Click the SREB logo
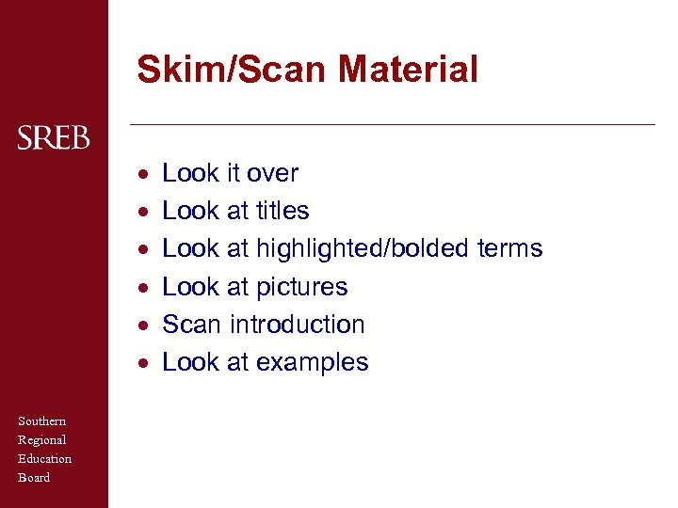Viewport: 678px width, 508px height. [54, 139]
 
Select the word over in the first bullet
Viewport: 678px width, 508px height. [272, 173]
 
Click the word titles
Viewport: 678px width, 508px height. [282, 211]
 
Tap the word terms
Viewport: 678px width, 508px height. [509, 248]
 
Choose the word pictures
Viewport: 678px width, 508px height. [301, 287]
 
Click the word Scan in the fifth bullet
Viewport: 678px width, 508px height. [191, 325]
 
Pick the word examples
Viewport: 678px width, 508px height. [312, 362]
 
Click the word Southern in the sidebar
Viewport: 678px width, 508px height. [41, 421]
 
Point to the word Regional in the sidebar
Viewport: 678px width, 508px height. [41, 440]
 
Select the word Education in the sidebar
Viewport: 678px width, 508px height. [44, 459]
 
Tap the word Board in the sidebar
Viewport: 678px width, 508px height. [34, 478]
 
